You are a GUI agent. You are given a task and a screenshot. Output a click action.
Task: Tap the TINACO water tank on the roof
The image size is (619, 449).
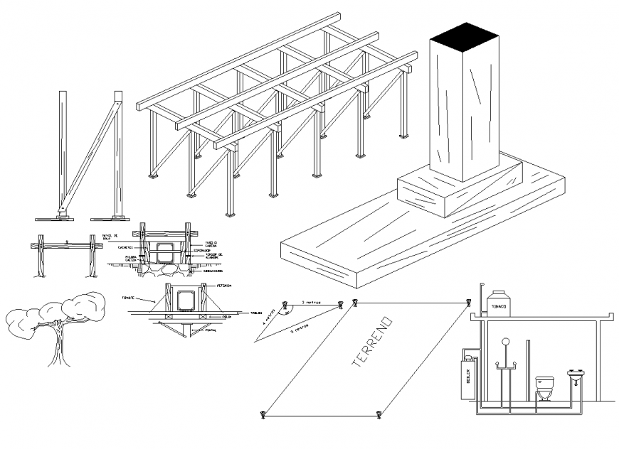498,303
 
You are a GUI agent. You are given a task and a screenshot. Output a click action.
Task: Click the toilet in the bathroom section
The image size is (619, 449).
545,387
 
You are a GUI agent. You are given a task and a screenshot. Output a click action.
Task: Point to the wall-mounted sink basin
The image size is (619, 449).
576,374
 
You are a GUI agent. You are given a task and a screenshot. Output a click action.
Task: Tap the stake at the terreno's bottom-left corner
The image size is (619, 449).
264,413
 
